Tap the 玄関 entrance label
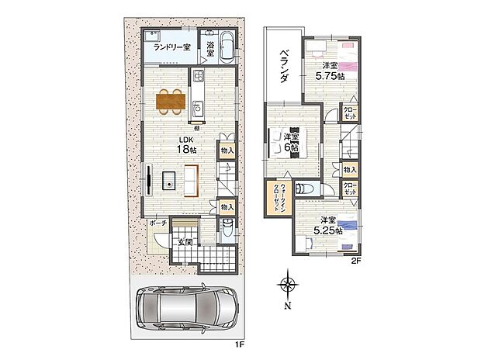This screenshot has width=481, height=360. [185, 243]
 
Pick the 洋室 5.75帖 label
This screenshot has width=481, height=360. [330, 71]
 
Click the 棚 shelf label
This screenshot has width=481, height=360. [197, 128]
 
